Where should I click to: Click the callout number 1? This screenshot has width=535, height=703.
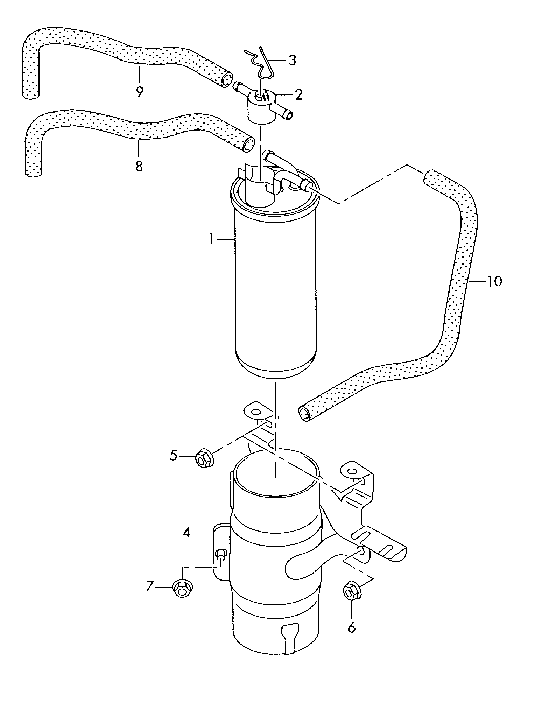click(211, 240)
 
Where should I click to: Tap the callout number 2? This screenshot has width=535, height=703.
click(298, 95)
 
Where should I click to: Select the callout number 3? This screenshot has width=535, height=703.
click(292, 60)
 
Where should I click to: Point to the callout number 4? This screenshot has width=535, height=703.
click(186, 543)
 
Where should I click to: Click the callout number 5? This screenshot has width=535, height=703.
click(174, 456)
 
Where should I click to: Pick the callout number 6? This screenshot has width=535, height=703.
click(351, 627)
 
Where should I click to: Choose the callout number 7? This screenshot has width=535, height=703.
click(150, 585)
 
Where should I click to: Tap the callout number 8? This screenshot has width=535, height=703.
click(139, 166)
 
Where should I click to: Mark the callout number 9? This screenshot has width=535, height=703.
click(139, 92)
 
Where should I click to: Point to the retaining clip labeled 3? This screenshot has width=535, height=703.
click(260, 65)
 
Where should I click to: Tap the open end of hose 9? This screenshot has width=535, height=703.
click(226, 80)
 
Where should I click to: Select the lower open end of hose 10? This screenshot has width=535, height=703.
click(305, 414)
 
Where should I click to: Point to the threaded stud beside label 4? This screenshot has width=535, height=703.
click(220, 554)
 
